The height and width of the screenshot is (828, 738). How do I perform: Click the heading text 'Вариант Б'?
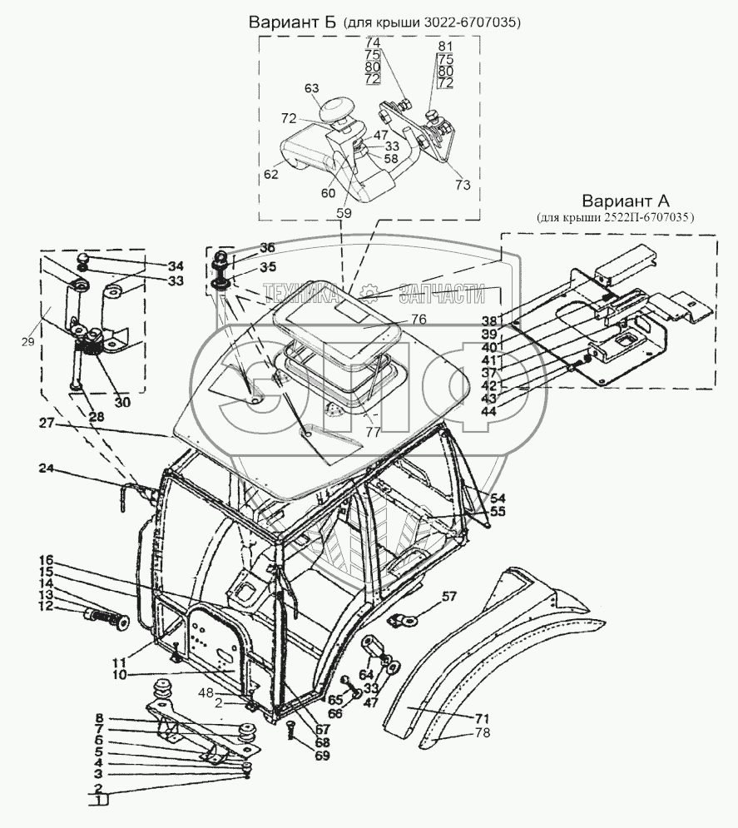(291, 22)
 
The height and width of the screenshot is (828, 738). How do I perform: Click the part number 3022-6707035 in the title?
(472, 23)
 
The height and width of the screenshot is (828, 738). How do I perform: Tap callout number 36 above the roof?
(266, 247)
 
